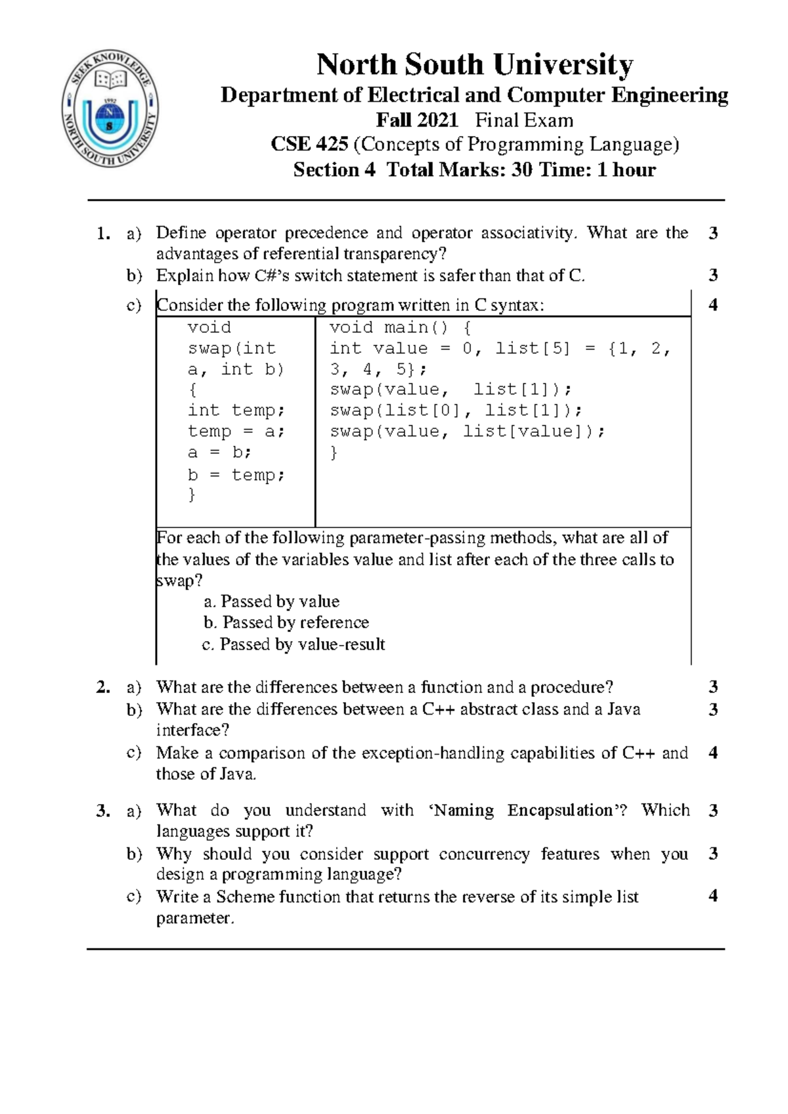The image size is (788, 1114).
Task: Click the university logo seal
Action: [110, 109]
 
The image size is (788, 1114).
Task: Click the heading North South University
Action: [474, 64]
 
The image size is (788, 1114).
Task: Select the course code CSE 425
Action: [309, 145]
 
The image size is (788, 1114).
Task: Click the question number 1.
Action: [102, 233]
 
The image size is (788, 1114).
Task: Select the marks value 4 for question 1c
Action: [713, 305]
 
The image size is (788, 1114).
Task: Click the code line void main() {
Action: [400, 328]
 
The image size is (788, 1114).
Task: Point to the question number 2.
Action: [102, 688]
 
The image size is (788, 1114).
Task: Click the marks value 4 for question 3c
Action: [713, 896]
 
